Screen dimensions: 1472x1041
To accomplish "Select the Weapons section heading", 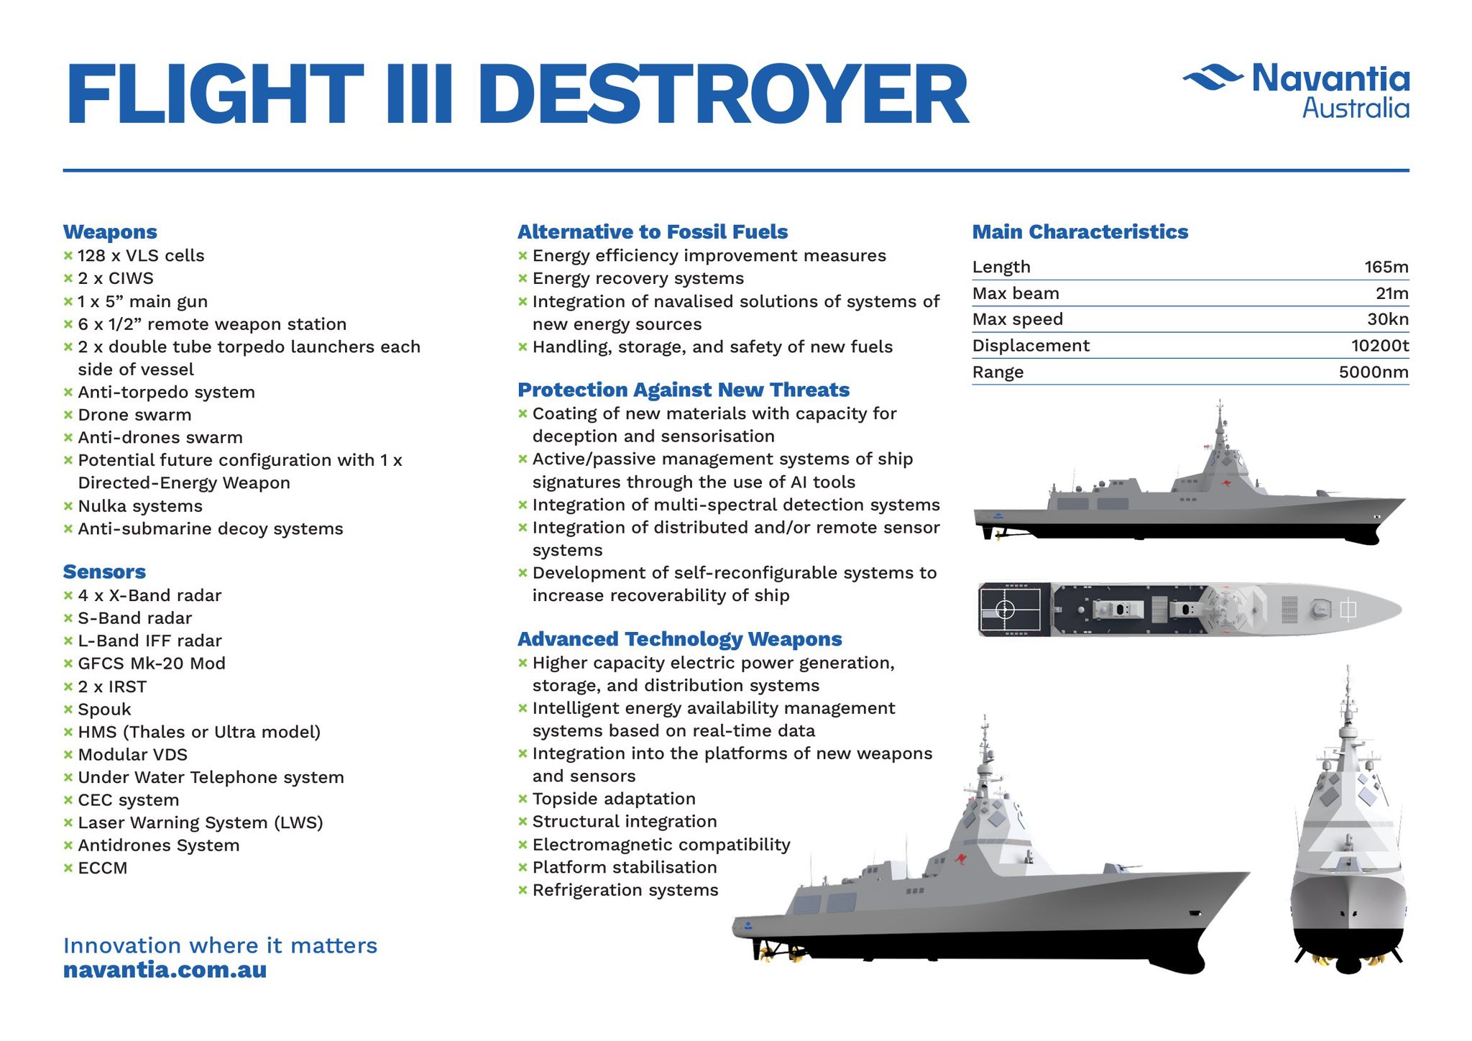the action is pos(110,231).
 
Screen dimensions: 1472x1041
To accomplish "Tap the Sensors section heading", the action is pos(104,572).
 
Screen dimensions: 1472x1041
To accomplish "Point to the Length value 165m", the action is pos(1386,267).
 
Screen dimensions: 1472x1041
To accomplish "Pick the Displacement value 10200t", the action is pos(1380,345).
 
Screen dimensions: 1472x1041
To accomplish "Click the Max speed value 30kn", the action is pos(1388,319).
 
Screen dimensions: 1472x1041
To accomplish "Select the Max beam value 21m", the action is pos(1392,293).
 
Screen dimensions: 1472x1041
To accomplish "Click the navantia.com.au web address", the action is pos(165,970).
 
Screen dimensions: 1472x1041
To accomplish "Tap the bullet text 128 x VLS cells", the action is pos(141,256).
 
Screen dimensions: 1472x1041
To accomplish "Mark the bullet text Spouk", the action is pos(104,710).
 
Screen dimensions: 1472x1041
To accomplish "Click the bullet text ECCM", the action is pos(102,868).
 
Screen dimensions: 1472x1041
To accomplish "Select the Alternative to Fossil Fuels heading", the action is pos(653,231).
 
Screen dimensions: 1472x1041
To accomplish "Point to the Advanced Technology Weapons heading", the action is pos(680,639).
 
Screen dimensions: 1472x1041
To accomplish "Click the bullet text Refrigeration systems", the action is pos(625,890).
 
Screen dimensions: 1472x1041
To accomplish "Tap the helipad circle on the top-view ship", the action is pos(1004,610).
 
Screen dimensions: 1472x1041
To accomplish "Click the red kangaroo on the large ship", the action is pos(960,858).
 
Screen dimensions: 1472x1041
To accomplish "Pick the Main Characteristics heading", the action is pos(1080,231).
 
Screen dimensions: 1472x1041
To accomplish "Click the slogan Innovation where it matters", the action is pos(220,945).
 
